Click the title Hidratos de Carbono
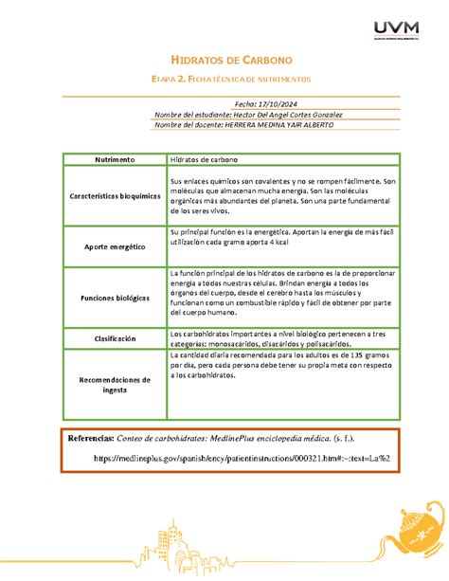224,60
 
